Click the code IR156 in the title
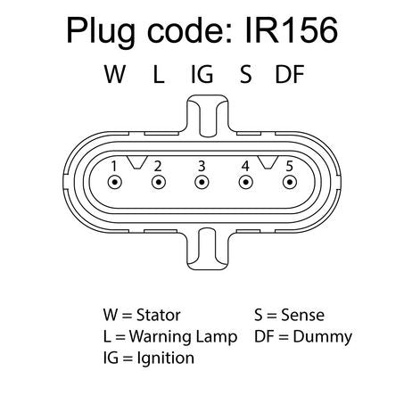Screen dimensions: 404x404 [x=292, y=30]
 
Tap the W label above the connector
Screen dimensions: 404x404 [x=115, y=74]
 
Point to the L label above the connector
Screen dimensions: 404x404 [x=159, y=74]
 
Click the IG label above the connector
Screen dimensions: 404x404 [x=202, y=74]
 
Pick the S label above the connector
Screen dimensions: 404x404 [x=246, y=74]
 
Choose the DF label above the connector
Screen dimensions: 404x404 [x=290, y=74]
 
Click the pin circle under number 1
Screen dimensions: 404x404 [x=115, y=182]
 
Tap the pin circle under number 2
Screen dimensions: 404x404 [x=159, y=182]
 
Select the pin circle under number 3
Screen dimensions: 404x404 [x=202, y=182]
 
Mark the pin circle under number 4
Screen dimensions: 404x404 [x=246, y=182]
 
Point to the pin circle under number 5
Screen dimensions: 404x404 [x=290, y=182]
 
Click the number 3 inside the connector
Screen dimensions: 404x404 [x=202, y=166]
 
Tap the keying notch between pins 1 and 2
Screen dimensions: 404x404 [x=137, y=162]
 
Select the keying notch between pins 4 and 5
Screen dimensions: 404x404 [x=268, y=162]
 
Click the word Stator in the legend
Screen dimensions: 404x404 [x=159, y=315]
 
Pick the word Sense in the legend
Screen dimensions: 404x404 [x=302, y=315]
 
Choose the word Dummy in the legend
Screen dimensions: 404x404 [x=323, y=338]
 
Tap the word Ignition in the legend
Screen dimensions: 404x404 [x=166, y=359]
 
